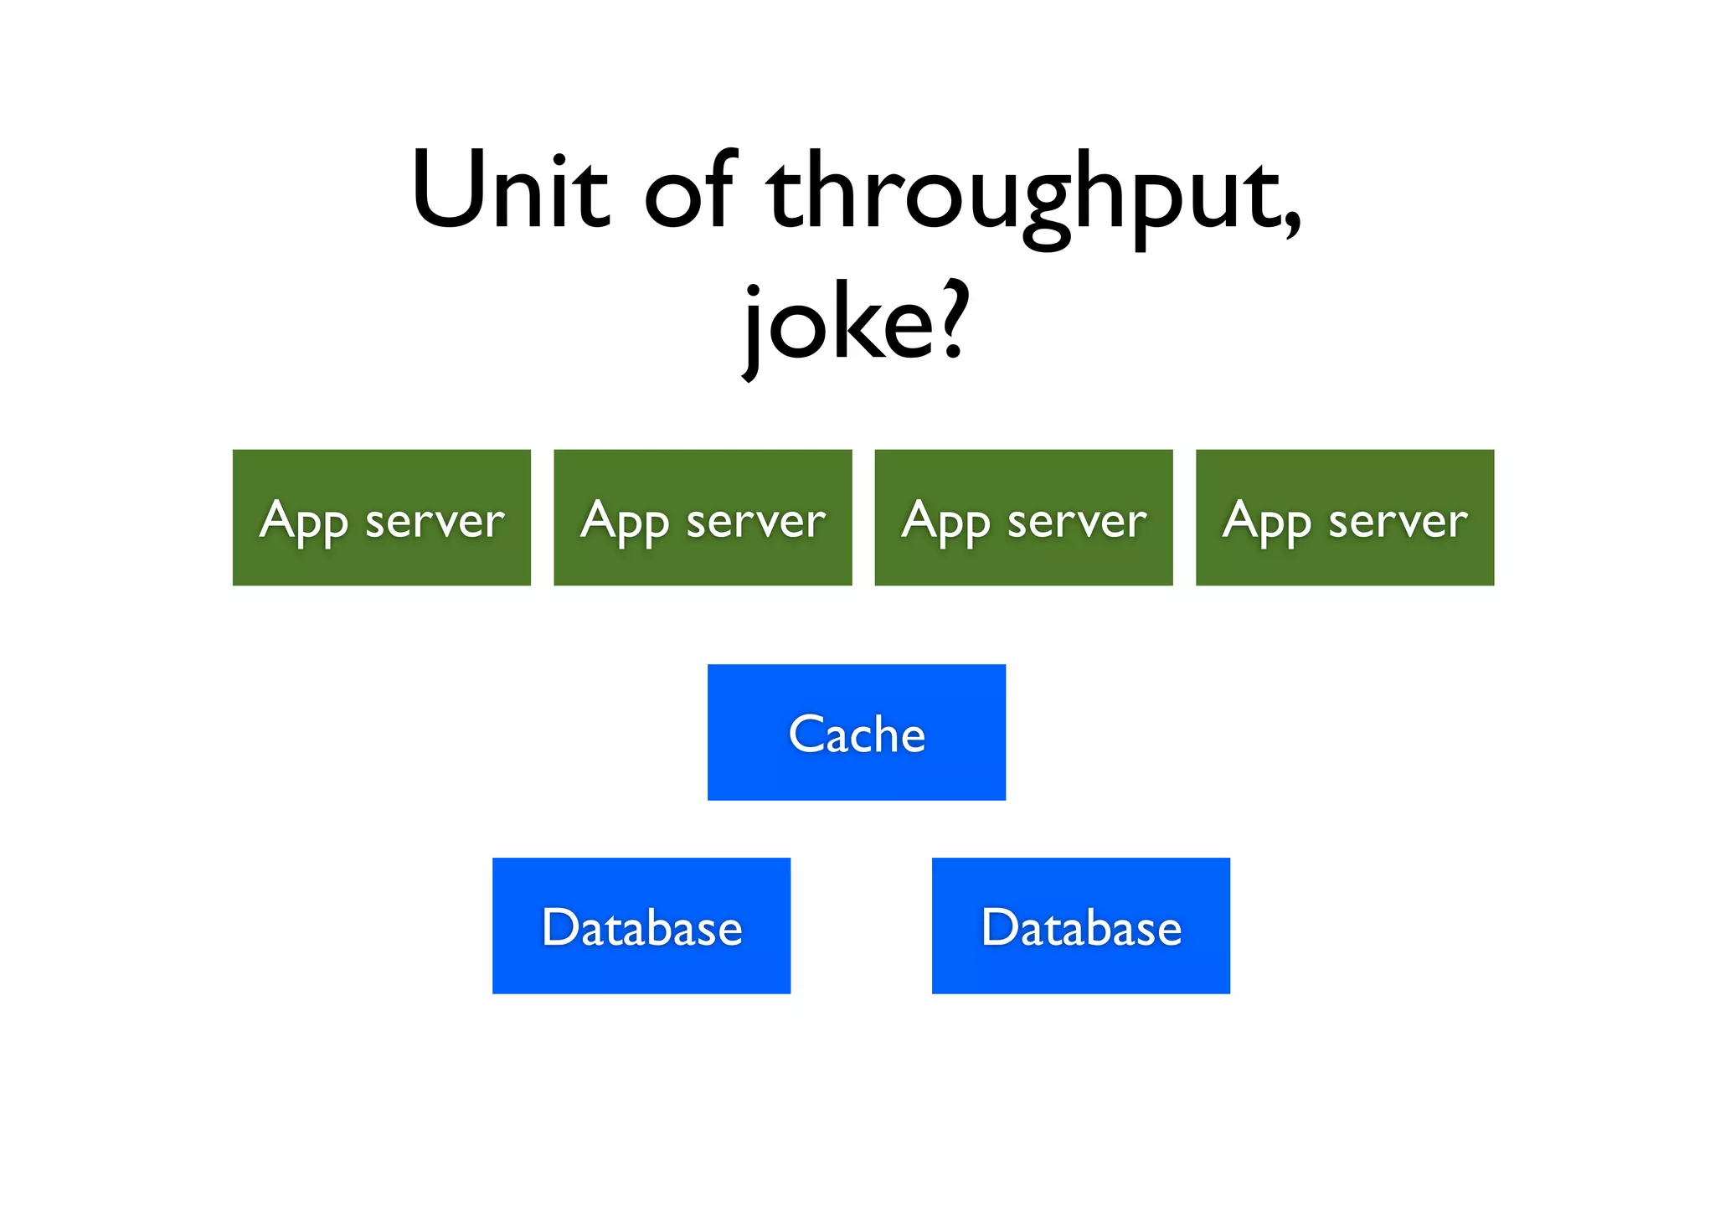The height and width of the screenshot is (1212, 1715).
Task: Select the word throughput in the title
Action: point(1027,197)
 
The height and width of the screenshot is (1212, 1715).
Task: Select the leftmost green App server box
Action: point(381,517)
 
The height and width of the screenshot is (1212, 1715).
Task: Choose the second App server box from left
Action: point(703,517)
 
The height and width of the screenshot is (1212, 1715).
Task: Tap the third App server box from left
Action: point(1023,517)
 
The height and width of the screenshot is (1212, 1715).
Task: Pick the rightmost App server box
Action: point(1345,517)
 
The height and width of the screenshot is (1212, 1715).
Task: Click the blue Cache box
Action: point(856,732)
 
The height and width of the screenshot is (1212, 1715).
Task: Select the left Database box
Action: point(641,926)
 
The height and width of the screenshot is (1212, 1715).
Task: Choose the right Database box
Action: point(1080,926)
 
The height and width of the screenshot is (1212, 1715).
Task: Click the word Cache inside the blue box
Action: point(857,735)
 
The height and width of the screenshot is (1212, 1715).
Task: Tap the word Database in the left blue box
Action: point(641,927)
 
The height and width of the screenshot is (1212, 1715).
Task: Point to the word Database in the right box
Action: point(1081,927)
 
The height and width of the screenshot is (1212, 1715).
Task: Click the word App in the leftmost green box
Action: point(303,521)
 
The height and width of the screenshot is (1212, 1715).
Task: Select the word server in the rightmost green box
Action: point(1398,521)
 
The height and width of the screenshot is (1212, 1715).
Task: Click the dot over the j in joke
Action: point(753,290)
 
